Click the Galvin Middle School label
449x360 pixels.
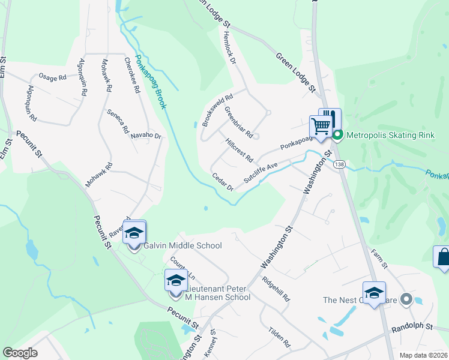pos(182,245)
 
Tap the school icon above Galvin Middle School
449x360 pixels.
pos(134,233)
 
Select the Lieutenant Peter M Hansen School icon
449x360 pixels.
pos(176,281)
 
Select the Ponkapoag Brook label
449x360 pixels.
pos(150,82)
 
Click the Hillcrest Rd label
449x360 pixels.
pos(239,150)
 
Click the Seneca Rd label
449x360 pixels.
pos(118,121)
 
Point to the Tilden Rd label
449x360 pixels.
pos(280,337)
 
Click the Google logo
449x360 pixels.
pos(20,353)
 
